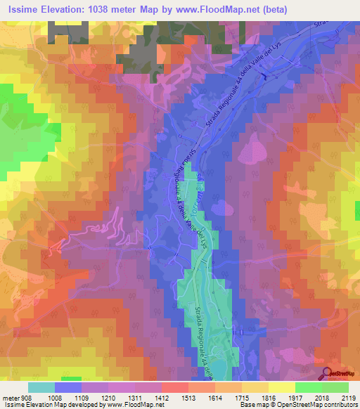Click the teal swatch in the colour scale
tap(41, 387)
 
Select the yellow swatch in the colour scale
tap(281, 387)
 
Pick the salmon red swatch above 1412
tap(174, 387)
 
